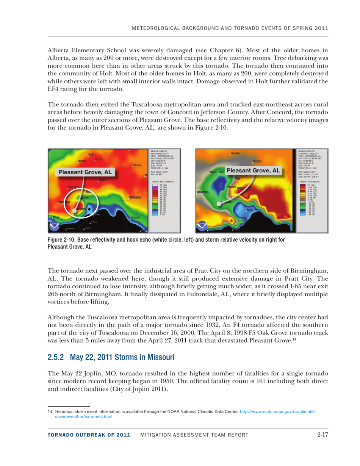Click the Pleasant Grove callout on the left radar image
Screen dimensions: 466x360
(x=85, y=172)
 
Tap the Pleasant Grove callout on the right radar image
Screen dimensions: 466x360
(x=253, y=170)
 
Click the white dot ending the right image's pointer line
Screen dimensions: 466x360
(x=219, y=204)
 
